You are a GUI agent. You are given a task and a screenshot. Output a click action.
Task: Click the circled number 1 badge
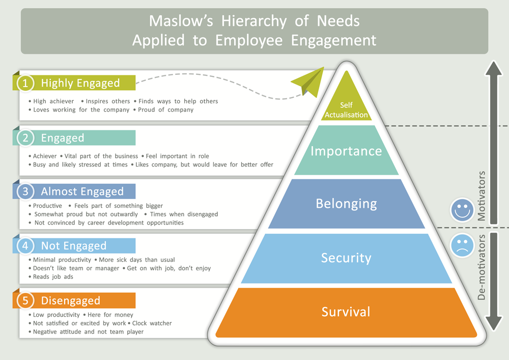25,83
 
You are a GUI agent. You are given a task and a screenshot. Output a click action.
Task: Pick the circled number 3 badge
25,191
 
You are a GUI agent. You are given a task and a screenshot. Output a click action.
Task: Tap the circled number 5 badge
25,300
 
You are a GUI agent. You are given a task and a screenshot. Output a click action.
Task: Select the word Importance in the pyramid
346,151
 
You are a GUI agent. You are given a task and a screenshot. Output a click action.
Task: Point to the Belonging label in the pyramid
346,204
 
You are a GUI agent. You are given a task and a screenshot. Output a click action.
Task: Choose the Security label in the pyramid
346,258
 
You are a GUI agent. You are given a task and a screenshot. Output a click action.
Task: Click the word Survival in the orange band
346,311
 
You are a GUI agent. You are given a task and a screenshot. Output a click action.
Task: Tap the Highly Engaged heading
80,83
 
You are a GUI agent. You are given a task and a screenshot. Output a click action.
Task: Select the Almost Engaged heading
82,191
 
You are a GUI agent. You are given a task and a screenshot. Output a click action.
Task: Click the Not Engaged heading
74,246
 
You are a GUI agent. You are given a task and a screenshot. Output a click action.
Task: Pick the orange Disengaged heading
71,300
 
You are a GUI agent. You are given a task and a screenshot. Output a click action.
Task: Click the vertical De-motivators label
482,267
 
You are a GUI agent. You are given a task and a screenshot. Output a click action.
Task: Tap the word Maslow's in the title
175,21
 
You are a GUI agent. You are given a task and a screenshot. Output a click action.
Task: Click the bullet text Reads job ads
53,276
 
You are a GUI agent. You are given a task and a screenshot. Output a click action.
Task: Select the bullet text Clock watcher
152,323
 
